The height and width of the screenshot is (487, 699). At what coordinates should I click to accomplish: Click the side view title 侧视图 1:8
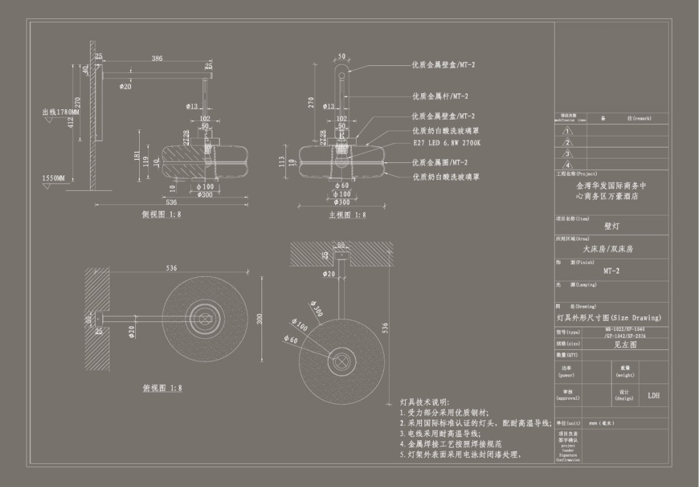click(162, 215)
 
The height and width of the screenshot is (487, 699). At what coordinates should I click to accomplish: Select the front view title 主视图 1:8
click(347, 215)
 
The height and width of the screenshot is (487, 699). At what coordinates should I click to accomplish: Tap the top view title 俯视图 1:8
click(162, 388)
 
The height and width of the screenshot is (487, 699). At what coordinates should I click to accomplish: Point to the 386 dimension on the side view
click(157, 58)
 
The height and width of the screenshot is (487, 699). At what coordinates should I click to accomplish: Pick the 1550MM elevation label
click(54, 178)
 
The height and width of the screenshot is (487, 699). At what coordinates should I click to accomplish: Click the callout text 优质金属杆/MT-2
click(440, 96)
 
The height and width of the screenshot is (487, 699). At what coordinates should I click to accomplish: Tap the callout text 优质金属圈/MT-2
click(440, 162)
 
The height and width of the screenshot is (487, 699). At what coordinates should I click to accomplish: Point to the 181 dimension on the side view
click(137, 157)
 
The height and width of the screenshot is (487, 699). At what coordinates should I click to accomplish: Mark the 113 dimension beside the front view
click(282, 162)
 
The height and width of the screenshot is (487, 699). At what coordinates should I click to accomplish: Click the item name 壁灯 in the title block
click(612, 226)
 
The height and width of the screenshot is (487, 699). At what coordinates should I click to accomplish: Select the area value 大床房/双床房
click(608, 248)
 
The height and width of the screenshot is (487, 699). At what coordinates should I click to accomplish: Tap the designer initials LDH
click(654, 395)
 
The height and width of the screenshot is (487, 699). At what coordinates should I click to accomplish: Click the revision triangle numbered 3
click(568, 153)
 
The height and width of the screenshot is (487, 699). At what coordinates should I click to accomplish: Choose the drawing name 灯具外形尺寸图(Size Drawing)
click(609, 318)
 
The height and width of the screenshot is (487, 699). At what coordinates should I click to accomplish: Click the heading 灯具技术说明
click(425, 402)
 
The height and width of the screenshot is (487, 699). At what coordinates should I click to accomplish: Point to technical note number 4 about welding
click(450, 444)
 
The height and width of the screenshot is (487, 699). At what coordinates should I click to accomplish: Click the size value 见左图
click(625, 345)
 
